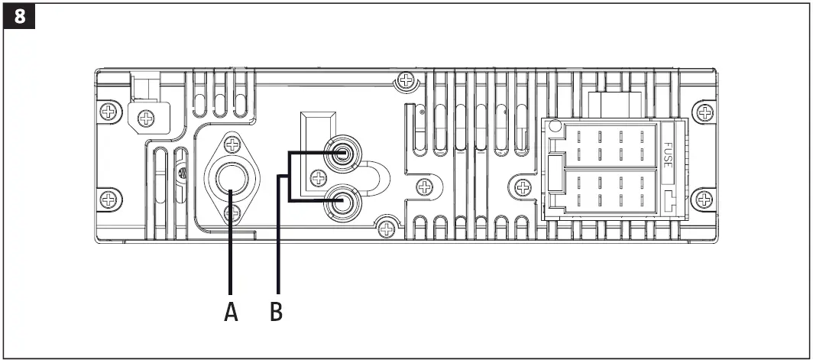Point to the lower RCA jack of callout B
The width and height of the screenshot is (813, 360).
pyautogui.click(x=341, y=202)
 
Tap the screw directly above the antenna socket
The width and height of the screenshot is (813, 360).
pyautogui.click(x=231, y=143)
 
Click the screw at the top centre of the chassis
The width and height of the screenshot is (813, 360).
pyautogui.click(x=406, y=80)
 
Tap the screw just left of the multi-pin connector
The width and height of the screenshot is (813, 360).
pyautogui.click(x=523, y=186)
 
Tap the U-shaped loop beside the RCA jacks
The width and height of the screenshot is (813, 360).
pyautogui.click(x=378, y=178)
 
